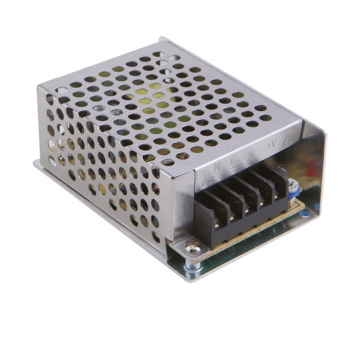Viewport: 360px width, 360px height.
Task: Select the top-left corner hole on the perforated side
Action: point(49,98)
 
